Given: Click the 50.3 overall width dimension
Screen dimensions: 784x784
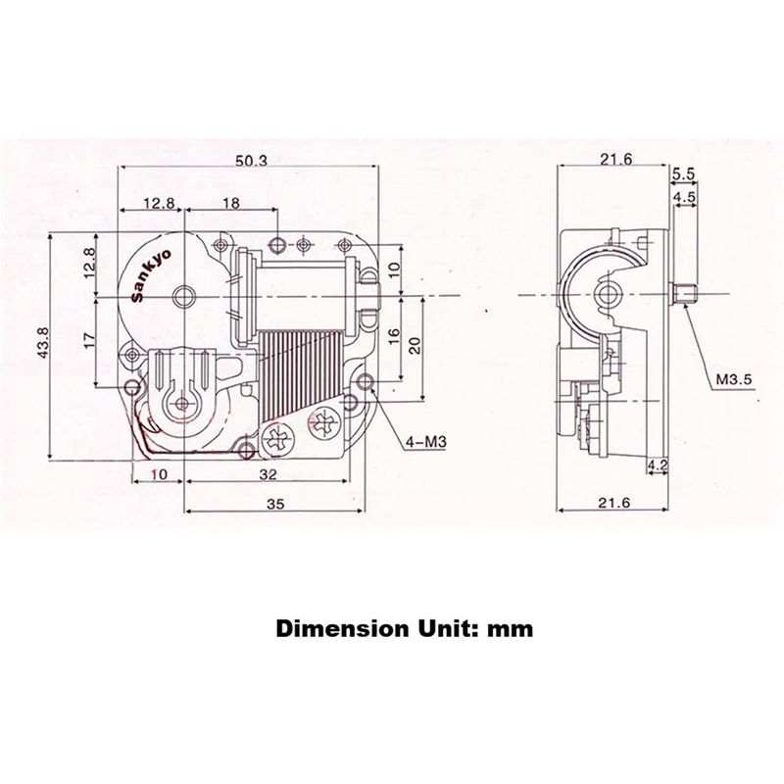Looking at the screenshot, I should [253, 161].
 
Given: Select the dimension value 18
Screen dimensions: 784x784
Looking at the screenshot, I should [231, 202].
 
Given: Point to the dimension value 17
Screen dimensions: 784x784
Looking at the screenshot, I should [88, 340].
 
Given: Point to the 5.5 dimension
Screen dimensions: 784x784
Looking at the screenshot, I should [683, 173].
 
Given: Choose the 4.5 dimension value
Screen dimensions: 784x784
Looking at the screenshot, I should [683, 197].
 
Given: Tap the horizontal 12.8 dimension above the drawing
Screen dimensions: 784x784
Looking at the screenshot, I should [157, 202].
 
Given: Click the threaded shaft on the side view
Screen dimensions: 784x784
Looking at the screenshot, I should [684, 292].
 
